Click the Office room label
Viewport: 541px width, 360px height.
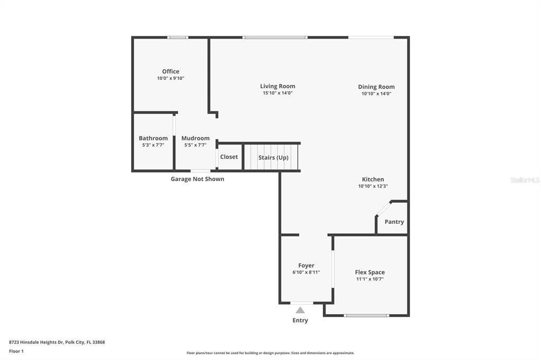pyautogui.click(x=170, y=71)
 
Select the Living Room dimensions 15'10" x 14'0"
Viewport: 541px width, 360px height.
pyautogui.click(x=277, y=93)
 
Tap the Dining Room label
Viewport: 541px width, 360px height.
pyautogui.click(x=376, y=87)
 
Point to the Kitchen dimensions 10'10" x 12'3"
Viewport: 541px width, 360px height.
pyautogui.click(x=373, y=186)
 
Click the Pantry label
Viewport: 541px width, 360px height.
pyautogui.click(x=394, y=222)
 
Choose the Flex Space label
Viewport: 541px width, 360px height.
pyautogui.click(x=370, y=272)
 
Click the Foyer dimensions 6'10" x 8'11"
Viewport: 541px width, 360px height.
pyautogui.click(x=306, y=272)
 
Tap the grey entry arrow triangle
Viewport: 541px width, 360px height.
pyautogui.click(x=300, y=310)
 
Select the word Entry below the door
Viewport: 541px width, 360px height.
pyautogui.click(x=300, y=320)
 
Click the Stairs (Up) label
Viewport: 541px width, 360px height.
pyautogui.click(x=273, y=157)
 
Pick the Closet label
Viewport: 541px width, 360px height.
pyautogui.click(x=229, y=157)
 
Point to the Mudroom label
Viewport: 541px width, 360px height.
pyautogui.click(x=195, y=138)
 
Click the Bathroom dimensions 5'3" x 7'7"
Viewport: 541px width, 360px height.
pyautogui.click(x=153, y=145)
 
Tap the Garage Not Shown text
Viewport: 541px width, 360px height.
pyautogui.click(x=197, y=179)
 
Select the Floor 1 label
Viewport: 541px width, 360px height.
pyautogui.click(x=16, y=351)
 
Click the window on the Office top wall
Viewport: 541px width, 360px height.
pyautogui.click(x=178, y=37)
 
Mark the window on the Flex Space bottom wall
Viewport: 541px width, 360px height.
pyautogui.click(x=366, y=316)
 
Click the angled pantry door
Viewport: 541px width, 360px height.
pyautogui.click(x=383, y=209)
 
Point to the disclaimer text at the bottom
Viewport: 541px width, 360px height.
pyautogui.click(x=270, y=353)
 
